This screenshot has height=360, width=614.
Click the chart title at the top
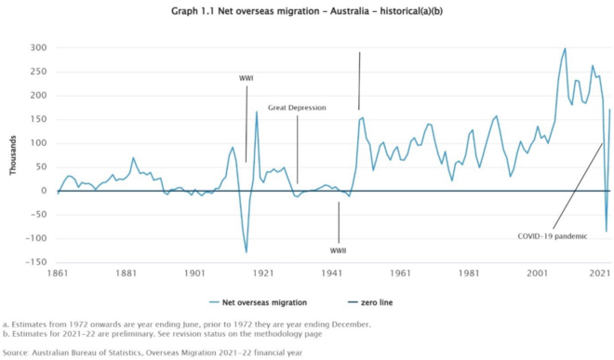(x=306, y=14)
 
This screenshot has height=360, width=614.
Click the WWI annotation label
(x=247, y=78)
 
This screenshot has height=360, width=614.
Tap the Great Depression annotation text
(x=297, y=108)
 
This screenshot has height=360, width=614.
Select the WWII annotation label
(x=338, y=250)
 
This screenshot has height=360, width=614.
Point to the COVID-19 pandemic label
(x=552, y=236)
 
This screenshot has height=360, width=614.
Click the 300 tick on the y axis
(x=37, y=47)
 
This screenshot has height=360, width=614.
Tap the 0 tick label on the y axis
(x=43, y=191)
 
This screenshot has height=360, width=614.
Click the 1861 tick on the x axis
(x=58, y=274)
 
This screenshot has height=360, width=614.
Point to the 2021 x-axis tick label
(x=600, y=274)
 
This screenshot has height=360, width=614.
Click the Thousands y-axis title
(x=13, y=154)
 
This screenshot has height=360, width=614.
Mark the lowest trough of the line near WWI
(x=247, y=252)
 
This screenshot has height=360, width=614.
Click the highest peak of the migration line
(x=565, y=48)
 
